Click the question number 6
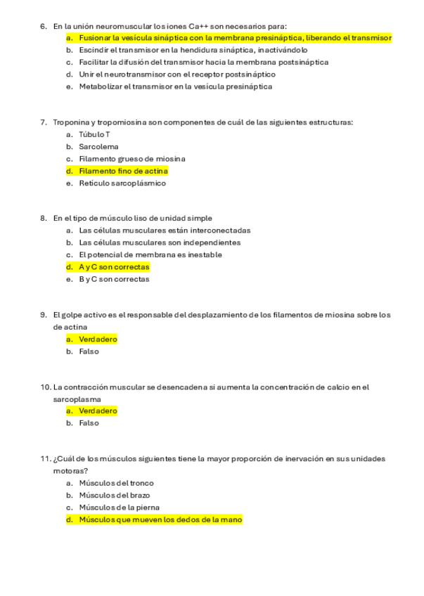tap(44, 26)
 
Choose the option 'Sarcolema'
tap(98, 147)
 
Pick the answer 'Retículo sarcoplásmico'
tap(122, 183)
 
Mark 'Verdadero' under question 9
tap(98, 339)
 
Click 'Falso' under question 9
tap(89, 351)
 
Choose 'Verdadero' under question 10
tap(98, 410)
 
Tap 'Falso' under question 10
tap(89, 423)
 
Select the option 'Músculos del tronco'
tap(116, 483)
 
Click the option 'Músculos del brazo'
tap(114, 495)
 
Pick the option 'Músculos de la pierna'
tap(119, 507)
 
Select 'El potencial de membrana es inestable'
tap(150, 254)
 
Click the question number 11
tap(45, 459)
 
